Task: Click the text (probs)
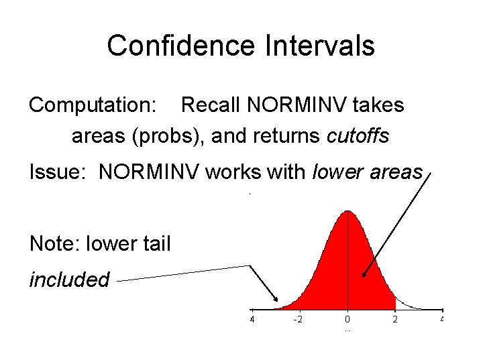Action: point(170,136)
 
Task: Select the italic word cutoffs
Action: point(358,136)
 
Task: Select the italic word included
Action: point(69,279)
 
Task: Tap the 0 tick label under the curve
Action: point(347,320)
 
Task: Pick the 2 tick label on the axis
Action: point(395,320)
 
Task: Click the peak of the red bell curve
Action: point(347,213)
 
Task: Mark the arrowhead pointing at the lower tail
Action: point(277,300)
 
